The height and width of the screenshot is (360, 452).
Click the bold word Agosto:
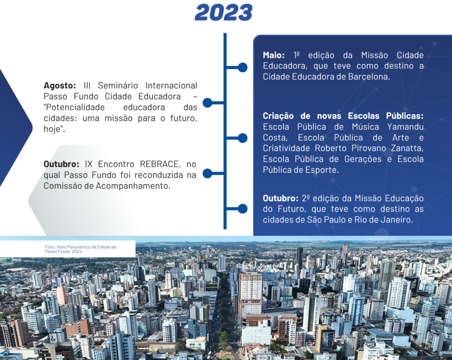[60, 86]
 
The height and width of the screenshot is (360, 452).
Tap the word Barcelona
[370, 76]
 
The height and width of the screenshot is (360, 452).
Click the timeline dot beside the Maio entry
[242, 67]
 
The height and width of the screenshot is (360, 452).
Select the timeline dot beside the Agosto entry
[207, 103]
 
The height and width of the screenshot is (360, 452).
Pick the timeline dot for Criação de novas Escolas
[242, 138]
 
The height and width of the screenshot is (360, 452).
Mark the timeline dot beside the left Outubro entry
[207, 173]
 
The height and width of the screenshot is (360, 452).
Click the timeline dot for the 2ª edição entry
[242, 209]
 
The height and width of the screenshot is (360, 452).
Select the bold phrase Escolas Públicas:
[391, 116]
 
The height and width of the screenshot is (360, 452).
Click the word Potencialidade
[74, 107]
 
